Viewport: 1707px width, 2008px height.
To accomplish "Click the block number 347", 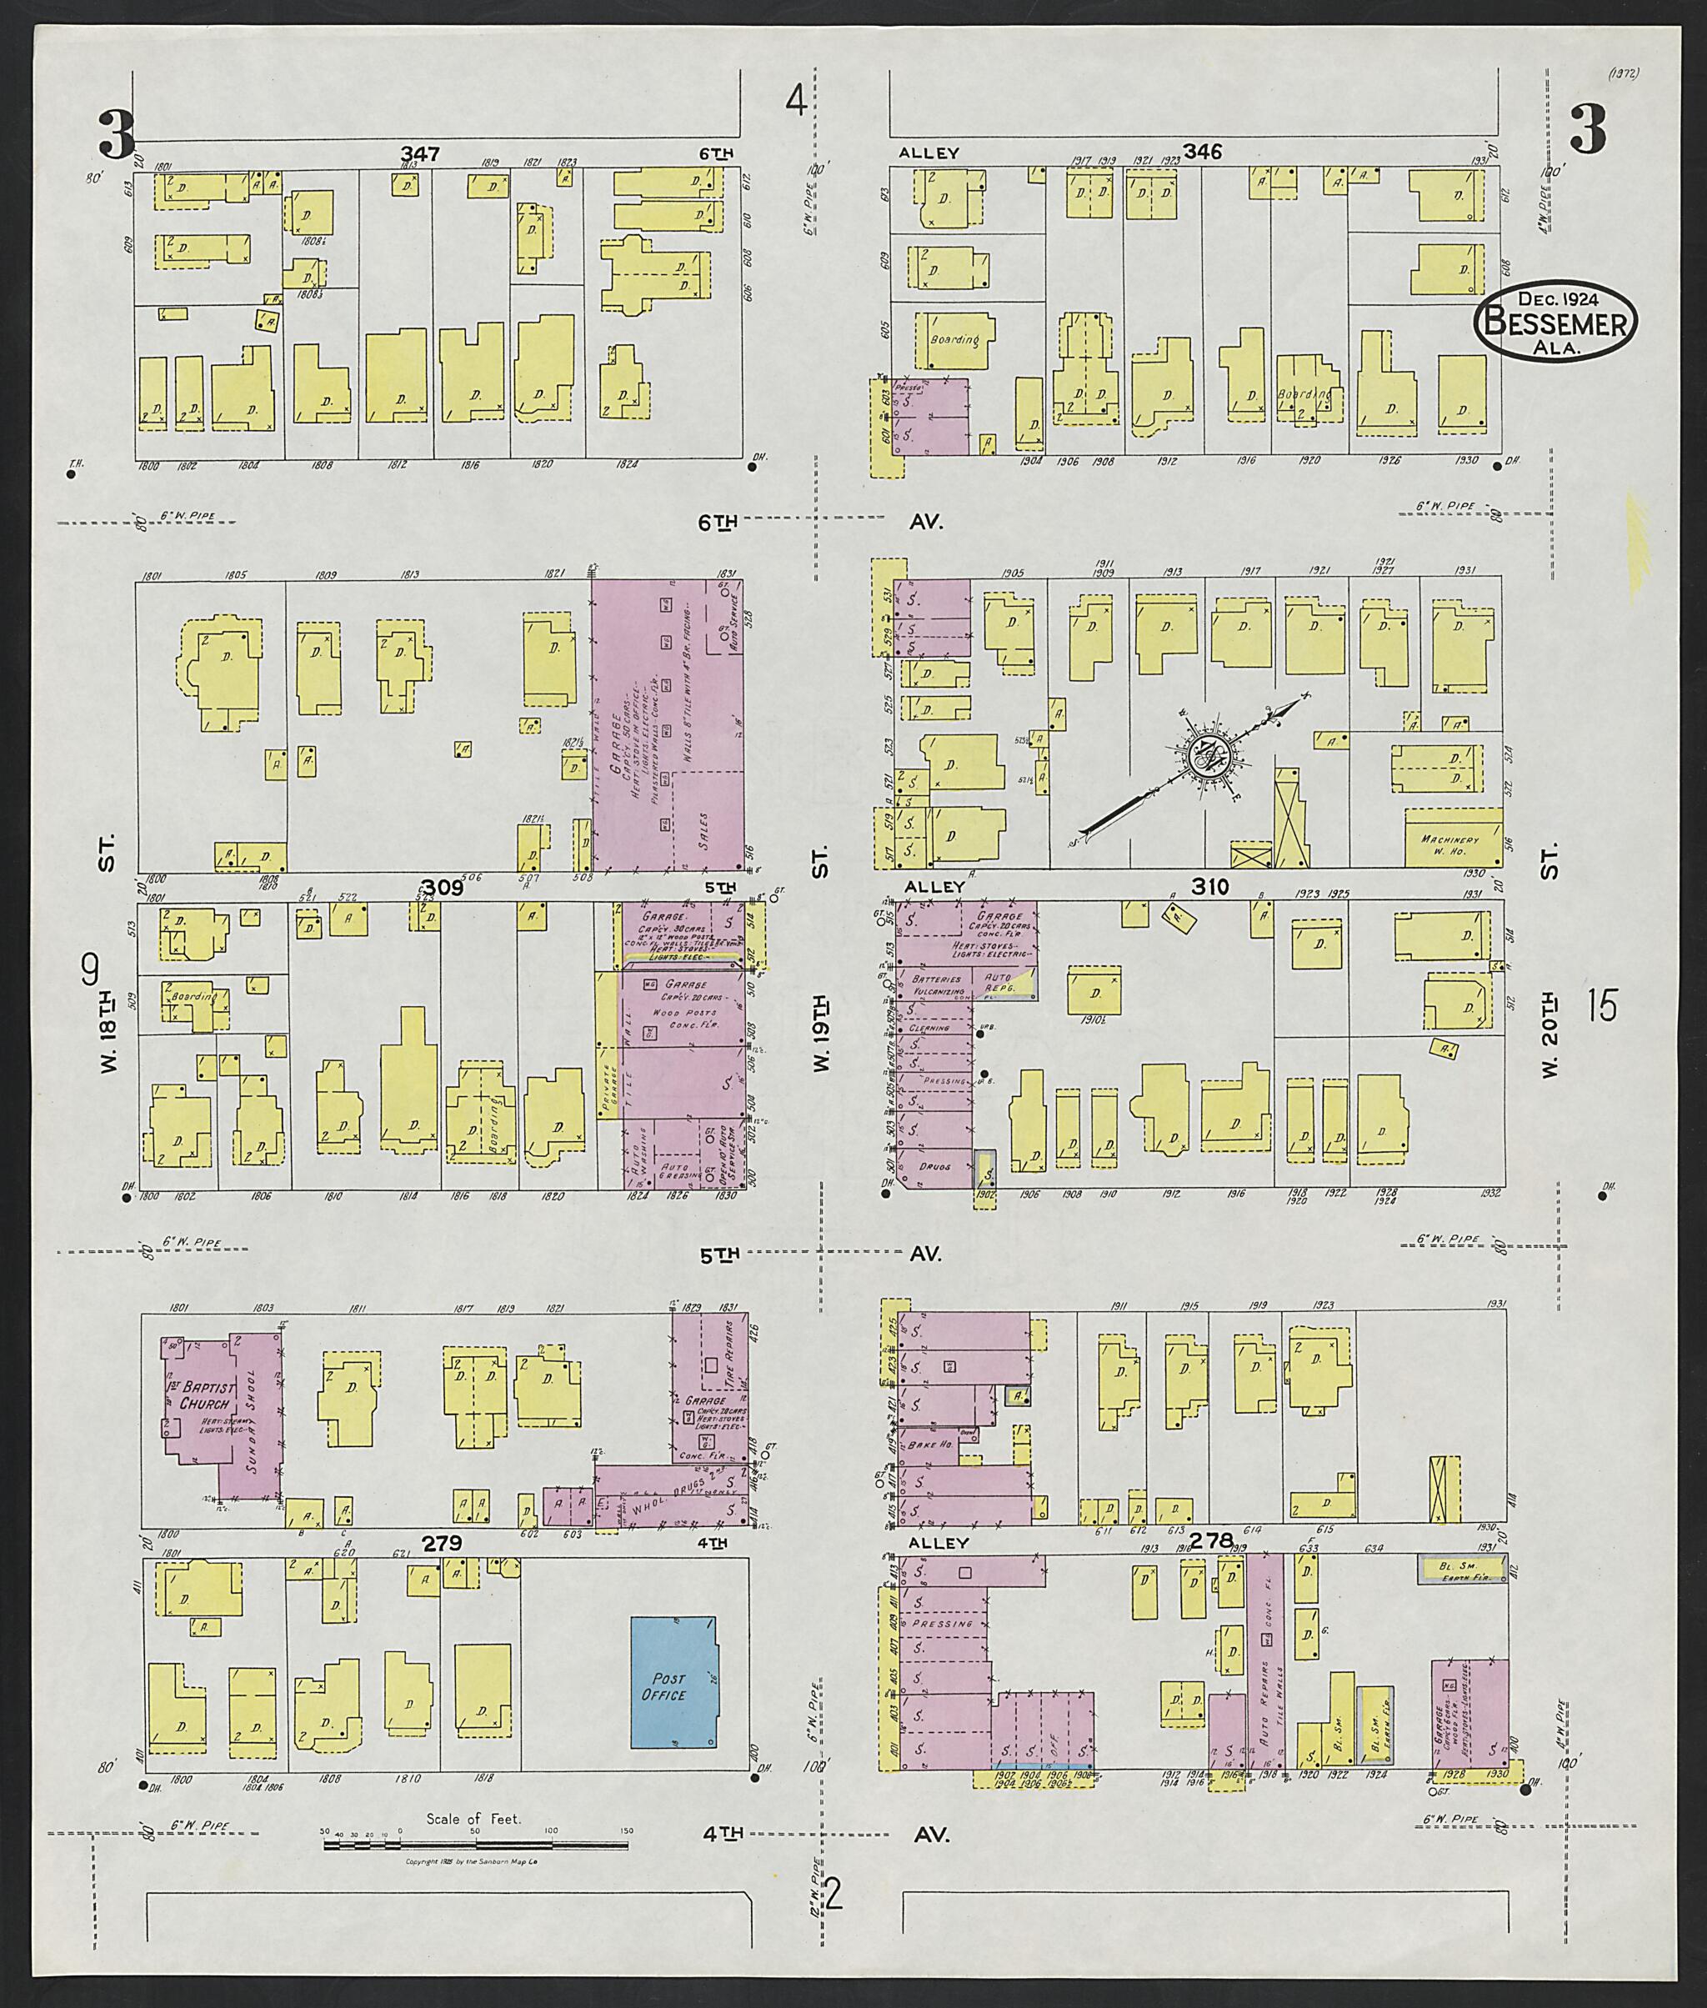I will click(x=420, y=154).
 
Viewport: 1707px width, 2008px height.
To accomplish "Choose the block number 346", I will click(x=1202, y=152).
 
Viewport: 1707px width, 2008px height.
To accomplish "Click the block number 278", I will click(x=1213, y=1540).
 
